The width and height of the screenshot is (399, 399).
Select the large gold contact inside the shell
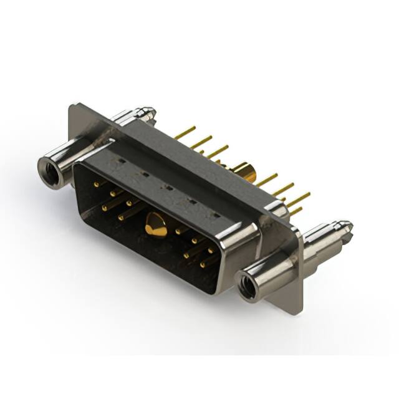(x=155, y=225)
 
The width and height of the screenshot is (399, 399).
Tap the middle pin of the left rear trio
(x=201, y=143)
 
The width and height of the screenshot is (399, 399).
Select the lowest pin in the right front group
(x=203, y=265)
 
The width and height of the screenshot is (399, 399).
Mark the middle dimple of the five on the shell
(x=167, y=186)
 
